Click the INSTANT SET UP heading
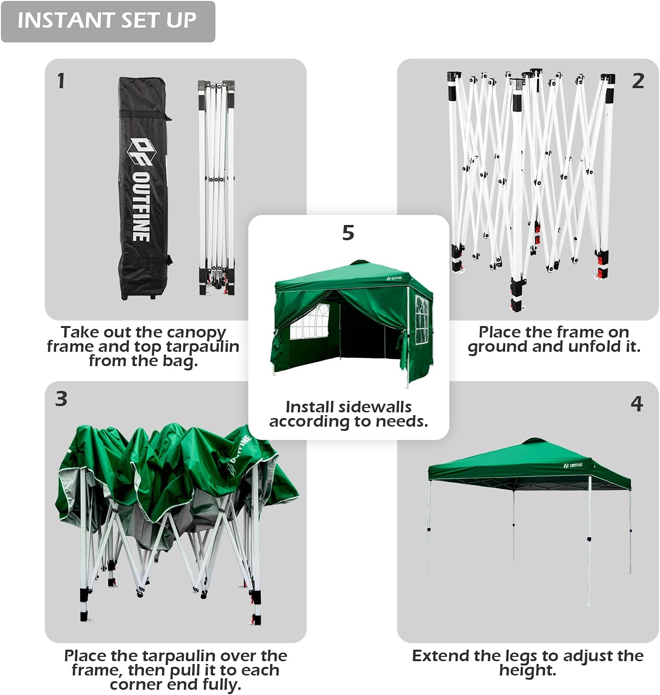point(107,20)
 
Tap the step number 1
point(61,81)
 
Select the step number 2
point(638,81)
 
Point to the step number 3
point(61,399)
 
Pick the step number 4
point(637,404)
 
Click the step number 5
point(348,233)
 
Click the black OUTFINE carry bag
point(143,188)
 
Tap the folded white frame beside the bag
point(217,188)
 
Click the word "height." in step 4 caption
point(528,671)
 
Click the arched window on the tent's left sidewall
point(309,322)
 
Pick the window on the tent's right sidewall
point(422,319)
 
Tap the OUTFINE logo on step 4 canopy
point(573,465)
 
